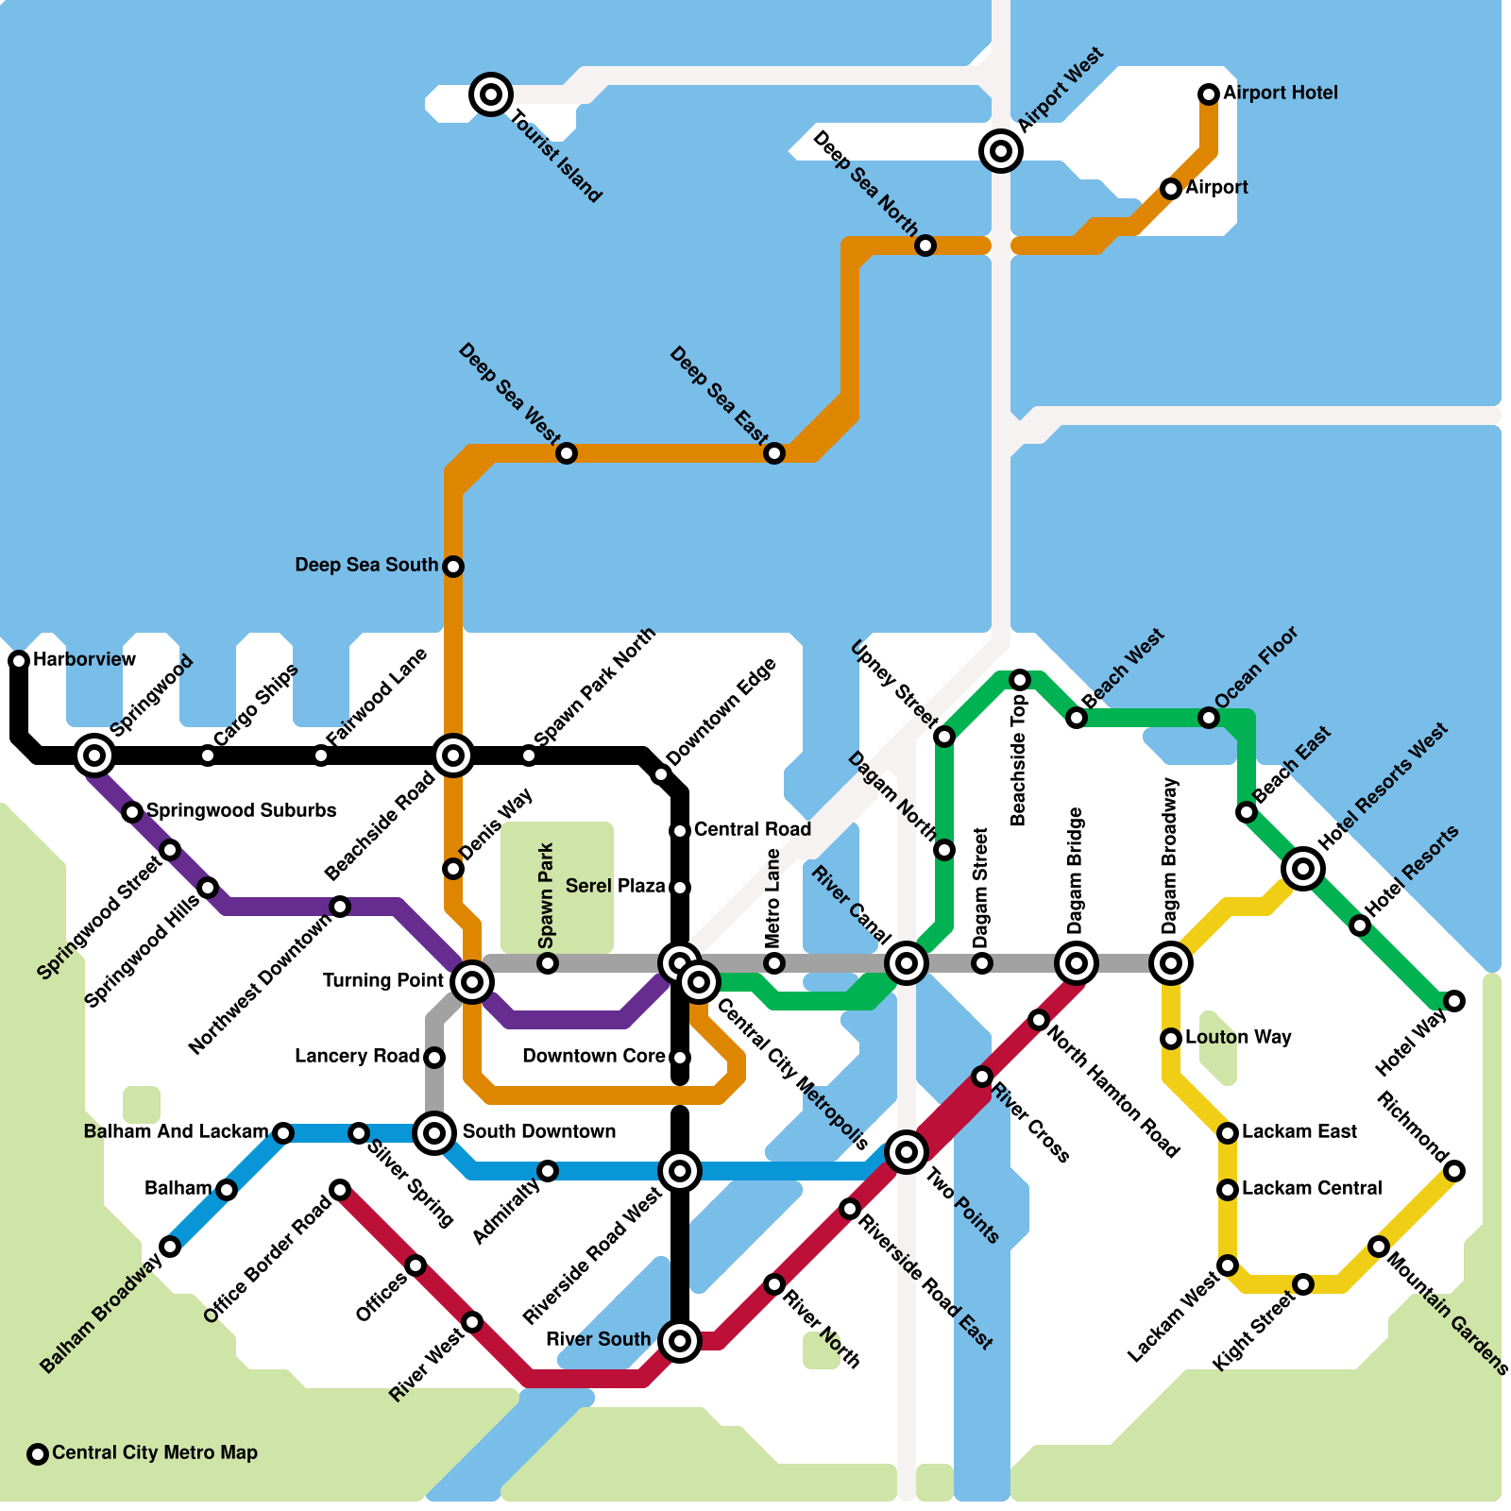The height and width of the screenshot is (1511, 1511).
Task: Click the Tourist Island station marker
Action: [491, 94]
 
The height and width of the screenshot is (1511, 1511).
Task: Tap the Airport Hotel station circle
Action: [1209, 94]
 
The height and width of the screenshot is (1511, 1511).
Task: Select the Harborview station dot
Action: [19, 661]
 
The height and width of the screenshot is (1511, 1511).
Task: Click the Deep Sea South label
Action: [366, 566]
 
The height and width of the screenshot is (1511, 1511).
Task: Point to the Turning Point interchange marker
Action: [472, 982]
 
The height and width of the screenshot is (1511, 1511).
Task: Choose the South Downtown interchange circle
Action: [434, 1132]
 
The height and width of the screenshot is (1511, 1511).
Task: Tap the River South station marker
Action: [680, 1340]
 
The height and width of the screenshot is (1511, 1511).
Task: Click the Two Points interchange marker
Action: [907, 1151]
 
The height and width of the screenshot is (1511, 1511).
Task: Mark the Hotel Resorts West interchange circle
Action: [1303, 868]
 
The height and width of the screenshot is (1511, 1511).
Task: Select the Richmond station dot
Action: [1454, 1171]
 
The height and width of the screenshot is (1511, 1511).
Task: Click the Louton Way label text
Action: [1238, 1038]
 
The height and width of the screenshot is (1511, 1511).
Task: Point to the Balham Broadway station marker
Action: [170, 1247]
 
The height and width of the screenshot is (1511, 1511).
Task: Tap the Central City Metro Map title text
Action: [155, 1453]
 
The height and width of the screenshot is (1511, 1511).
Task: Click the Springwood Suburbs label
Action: [242, 811]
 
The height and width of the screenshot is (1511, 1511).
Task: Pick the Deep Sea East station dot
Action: [774, 453]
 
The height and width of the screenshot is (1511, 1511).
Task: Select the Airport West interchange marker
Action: [1001, 151]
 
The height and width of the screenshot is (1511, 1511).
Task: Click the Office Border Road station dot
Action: [340, 1190]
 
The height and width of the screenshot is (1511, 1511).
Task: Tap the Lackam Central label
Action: [1312, 1189]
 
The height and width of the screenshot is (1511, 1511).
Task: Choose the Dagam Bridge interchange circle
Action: [1077, 963]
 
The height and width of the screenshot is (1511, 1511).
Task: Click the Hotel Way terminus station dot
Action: [1454, 1001]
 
